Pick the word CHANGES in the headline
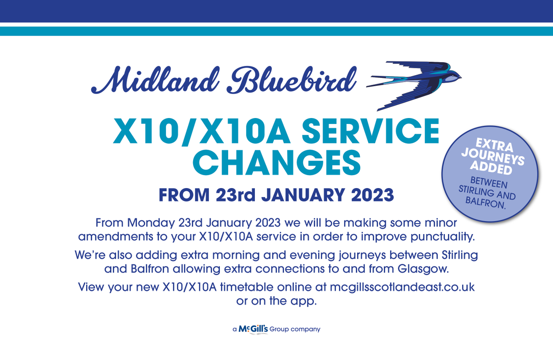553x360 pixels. click(276, 161)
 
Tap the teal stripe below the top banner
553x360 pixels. click(276, 31)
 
